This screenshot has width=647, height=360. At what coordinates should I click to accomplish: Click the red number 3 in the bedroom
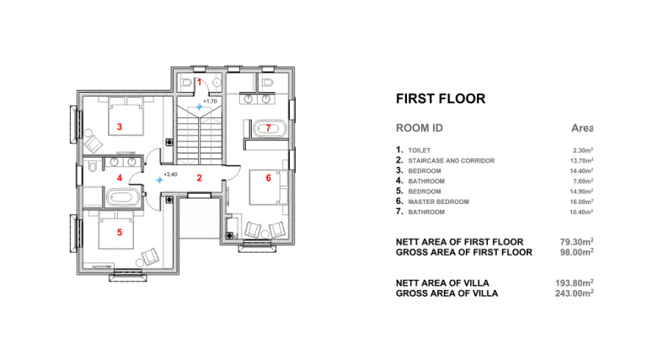point(120,126)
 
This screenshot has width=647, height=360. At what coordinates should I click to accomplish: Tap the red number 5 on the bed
point(120,233)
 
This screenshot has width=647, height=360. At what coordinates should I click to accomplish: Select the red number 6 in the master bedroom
point(269,178)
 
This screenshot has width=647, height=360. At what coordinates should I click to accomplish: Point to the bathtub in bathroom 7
point(269,128)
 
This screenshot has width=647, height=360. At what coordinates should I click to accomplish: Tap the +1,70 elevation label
point(210,101)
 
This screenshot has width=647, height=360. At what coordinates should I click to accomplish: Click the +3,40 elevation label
point(170,175)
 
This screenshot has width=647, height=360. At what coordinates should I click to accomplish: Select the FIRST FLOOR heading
point(441,99)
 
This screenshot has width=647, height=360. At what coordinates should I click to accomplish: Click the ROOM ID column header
point(420,128)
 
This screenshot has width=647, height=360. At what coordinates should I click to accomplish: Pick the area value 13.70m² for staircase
point(582,160)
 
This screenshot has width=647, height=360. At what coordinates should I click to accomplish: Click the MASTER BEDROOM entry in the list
point(439,201)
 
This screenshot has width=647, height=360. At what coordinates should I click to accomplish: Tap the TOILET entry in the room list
point(420,151)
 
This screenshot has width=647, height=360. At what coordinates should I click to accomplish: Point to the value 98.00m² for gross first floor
point(577,252)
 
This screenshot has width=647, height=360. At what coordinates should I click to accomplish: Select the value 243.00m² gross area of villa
point(575,293)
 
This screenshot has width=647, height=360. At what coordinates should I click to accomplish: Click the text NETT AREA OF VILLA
point(442,283)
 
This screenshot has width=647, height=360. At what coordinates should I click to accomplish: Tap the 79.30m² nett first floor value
point(577,241)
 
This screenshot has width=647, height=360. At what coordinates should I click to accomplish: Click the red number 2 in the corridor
point(200,178)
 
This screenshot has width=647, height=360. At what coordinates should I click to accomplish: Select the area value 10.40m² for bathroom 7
point(582,212)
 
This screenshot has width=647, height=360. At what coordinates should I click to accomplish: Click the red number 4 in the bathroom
point(120,178)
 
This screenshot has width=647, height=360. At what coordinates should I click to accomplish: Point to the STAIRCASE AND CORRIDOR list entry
point(452,160)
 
